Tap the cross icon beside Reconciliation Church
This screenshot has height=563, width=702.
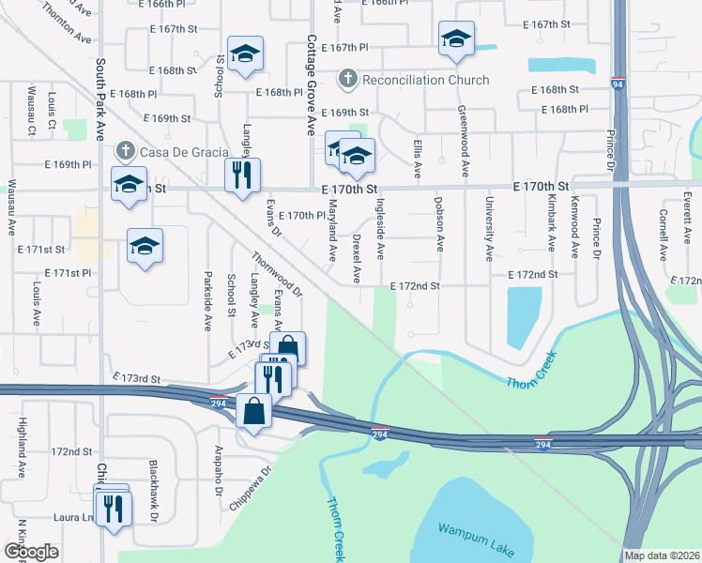[348, 79]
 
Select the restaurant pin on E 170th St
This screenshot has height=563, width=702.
[242, 175]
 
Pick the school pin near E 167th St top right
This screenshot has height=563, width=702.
[456, 39]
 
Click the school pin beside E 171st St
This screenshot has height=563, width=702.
[145, 247]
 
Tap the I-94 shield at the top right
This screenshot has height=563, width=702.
[618, 84]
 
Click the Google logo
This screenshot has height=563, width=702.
[31, 552]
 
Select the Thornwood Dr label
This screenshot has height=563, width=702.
[278, 275]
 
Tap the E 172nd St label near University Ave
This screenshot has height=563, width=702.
[532, 274]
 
